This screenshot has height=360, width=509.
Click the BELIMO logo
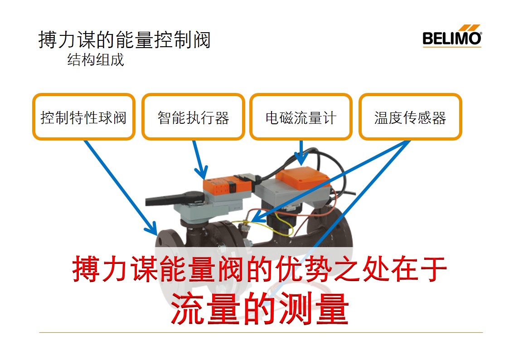coord(452,36)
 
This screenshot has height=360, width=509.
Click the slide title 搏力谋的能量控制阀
coord(125,39)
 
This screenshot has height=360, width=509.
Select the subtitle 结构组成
coord(96,60)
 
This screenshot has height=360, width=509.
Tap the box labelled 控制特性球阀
coord(84,117)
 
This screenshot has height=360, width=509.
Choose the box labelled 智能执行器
coord(193,117)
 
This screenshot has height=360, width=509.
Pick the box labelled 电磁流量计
coord(301,117)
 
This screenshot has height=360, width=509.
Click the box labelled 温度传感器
coord(410,117)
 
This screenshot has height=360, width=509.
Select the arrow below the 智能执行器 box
coord(199,160)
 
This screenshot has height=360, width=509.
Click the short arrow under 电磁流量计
coord(301,153)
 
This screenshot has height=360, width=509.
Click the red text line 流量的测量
coord(260,308)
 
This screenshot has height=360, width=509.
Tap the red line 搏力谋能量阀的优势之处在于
coord(259,269)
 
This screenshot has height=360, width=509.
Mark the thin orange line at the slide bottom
coord(261,332)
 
